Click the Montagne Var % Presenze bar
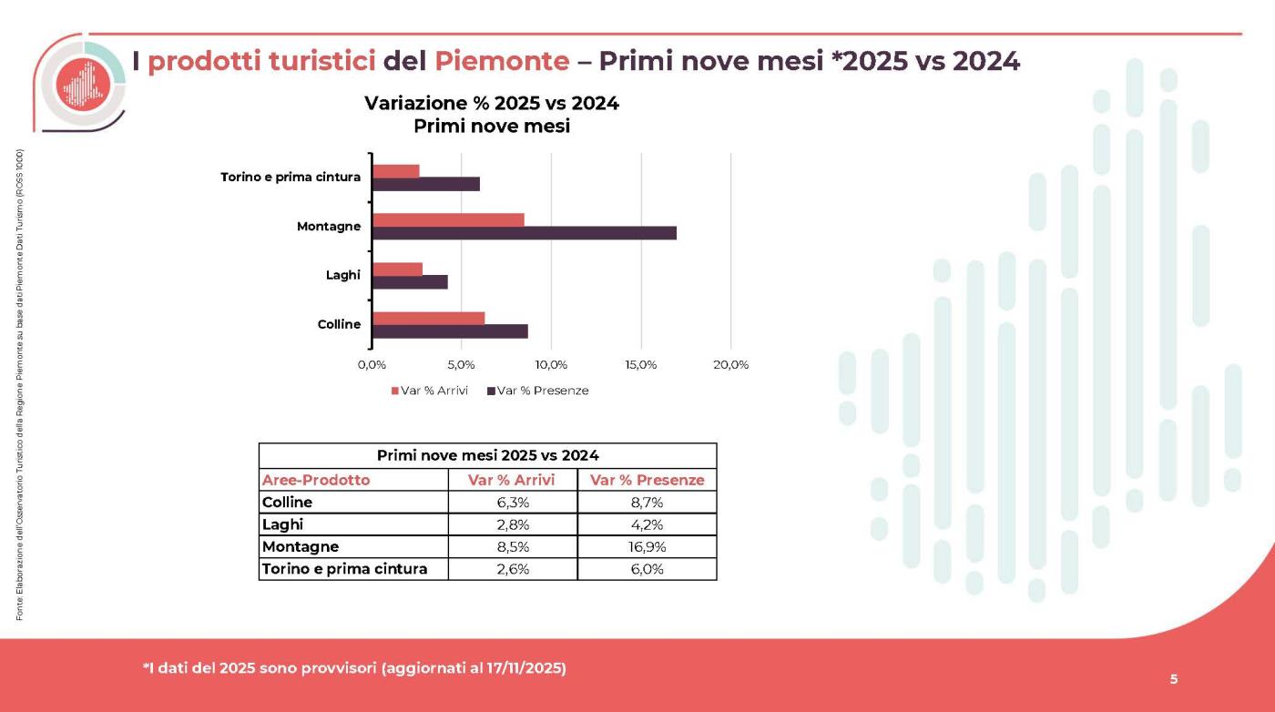tap(524, 233)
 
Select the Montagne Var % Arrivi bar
tap(448, 219)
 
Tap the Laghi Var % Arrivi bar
tap(397, 269)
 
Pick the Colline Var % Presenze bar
tap(450, 331)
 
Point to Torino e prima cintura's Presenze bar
tap(425, 184)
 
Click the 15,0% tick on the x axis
tap(641, 365)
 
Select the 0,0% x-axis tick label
tap(372, 365)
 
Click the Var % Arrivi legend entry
tap(430, 391)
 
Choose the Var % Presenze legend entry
tap(538, 391)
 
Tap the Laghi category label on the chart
tap(343, 275)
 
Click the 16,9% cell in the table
tap(647, 547)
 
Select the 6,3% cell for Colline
tap(512, 503)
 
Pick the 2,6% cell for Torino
tap(512, 569)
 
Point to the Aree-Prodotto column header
tap(316, 480)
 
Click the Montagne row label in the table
tap(301, 547)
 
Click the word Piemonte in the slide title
tap(502, 61)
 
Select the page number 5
tap(1173, 678)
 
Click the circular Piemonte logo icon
tap(83, 84)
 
